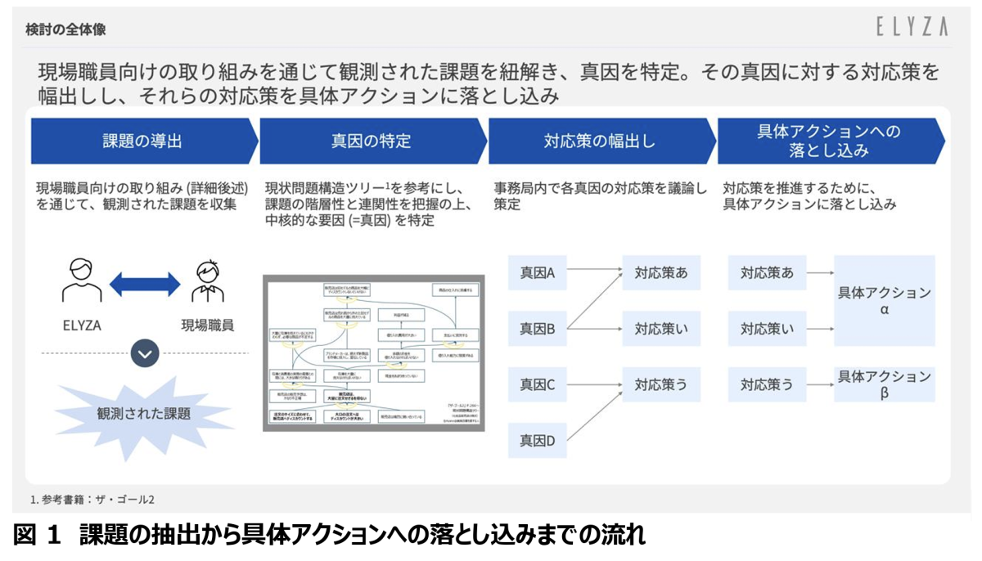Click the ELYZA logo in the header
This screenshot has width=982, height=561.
click(911, 28)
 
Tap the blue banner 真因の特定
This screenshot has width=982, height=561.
click(371, 141)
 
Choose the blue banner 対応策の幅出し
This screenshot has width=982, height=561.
click(600, 141)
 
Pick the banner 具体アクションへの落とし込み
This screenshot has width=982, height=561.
click(829, 141)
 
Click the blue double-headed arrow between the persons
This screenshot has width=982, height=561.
click(145, 284)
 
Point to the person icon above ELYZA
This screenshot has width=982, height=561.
click(82, 281)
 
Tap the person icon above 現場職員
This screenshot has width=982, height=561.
click(207, 281)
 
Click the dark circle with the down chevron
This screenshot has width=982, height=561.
click(145, 353)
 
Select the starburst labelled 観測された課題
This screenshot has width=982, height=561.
click(144, 414)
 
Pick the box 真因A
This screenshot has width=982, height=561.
click(538, 273)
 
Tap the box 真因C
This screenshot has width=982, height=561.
click(538, 384)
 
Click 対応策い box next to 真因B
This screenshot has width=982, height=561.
click(661, 330)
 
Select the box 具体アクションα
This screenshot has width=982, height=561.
click(884, 301)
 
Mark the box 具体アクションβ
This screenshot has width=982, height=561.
click(884, 384)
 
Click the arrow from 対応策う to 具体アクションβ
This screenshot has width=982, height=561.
click(819, 384)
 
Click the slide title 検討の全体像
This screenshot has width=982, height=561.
click(65, 30)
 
